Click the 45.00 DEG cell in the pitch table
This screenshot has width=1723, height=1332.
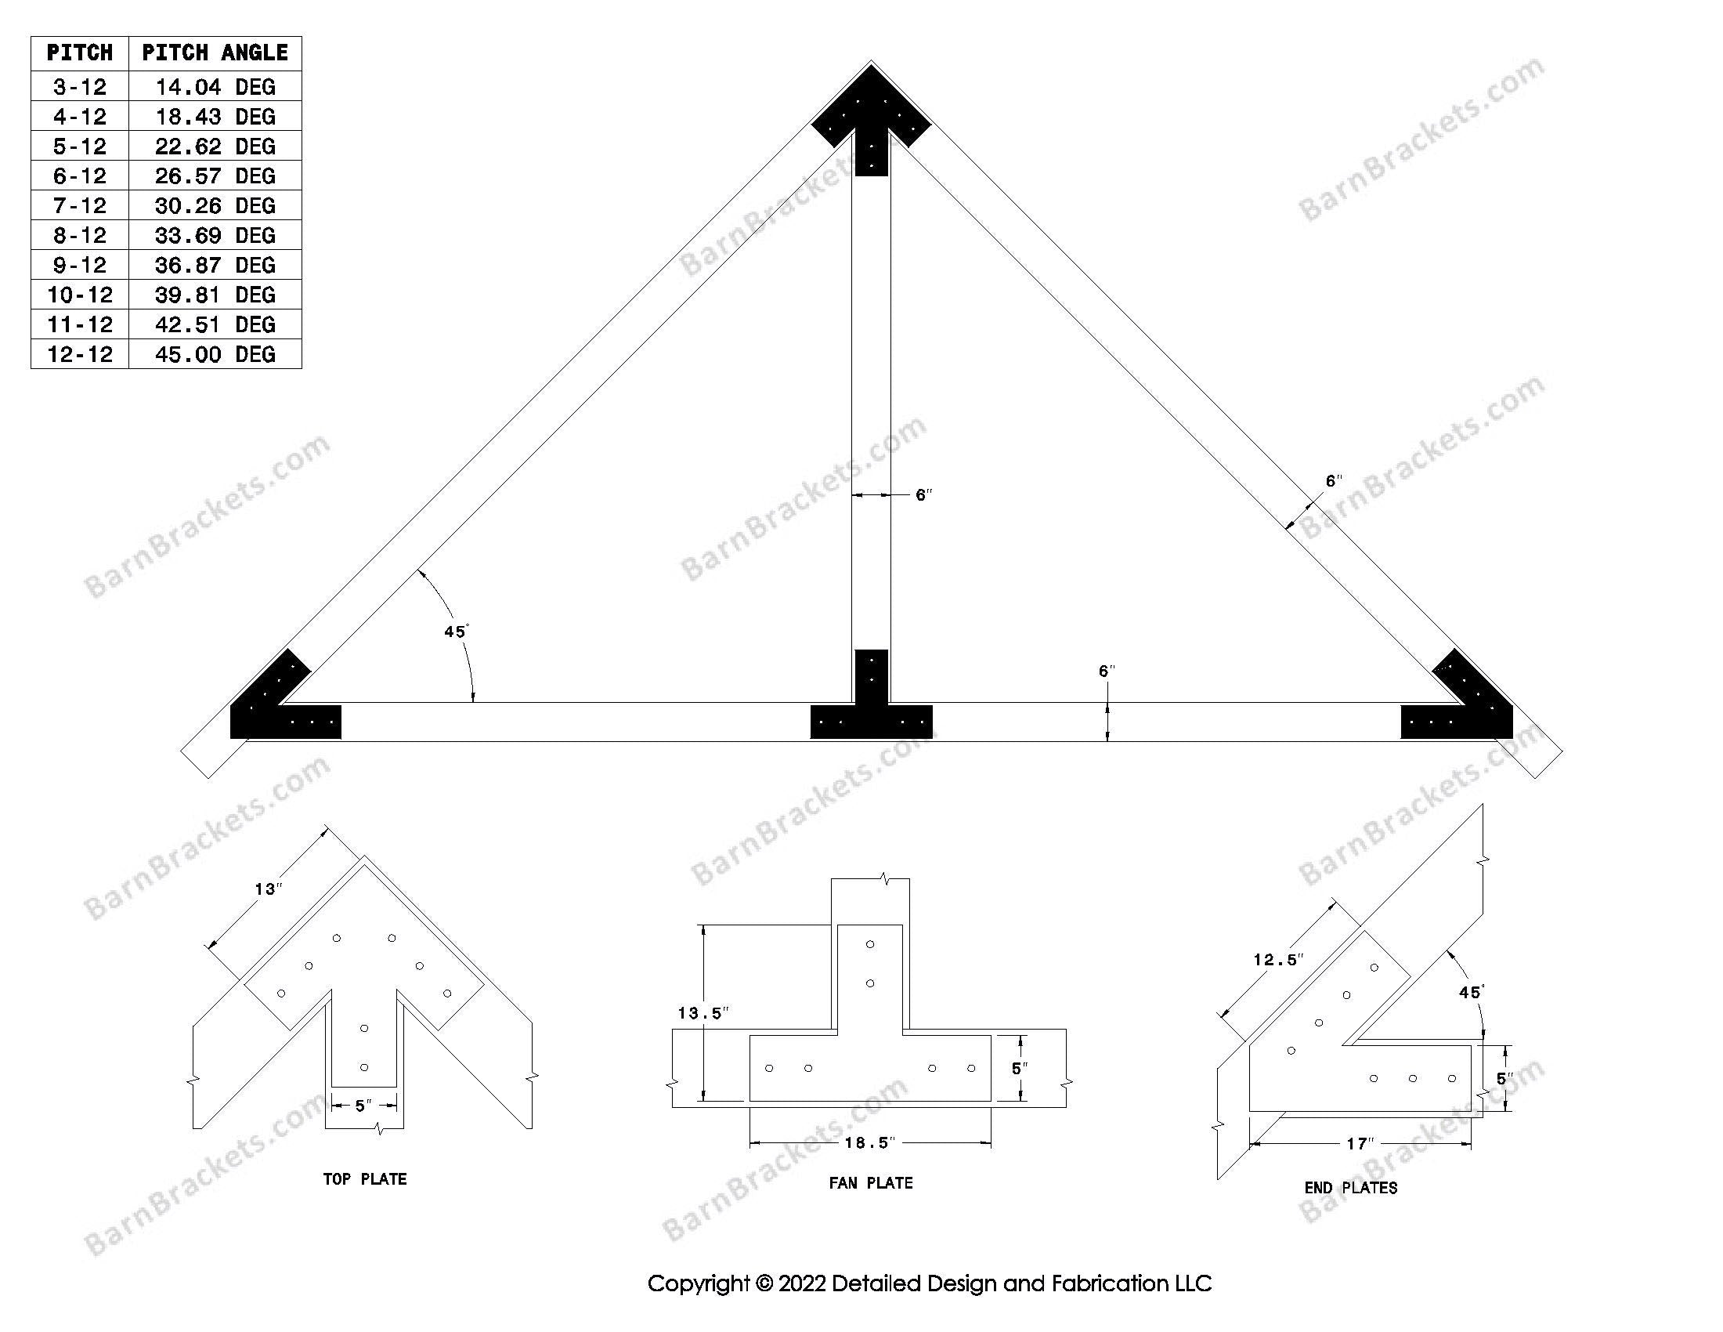point(215,354)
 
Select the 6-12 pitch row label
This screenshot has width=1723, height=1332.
point(80,176)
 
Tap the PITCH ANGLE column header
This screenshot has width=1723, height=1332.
point(215,52)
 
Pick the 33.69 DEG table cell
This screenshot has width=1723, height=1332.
point(215,235)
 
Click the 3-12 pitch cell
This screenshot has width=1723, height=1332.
point(80,87)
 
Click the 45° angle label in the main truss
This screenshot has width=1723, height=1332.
point(456,632)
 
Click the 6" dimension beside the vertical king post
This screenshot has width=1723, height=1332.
point(923,495)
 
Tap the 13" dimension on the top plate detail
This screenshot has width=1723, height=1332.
point(268,889)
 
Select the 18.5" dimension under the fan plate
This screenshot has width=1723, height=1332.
point(870,1142)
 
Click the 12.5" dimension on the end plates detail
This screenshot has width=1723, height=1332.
point(1278,961)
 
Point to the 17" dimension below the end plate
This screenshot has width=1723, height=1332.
point(1360,1144)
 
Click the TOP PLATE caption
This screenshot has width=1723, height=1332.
point(364,1180)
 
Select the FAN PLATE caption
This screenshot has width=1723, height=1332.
point(871,1184)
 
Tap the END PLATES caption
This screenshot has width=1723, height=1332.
point(1351,1189)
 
